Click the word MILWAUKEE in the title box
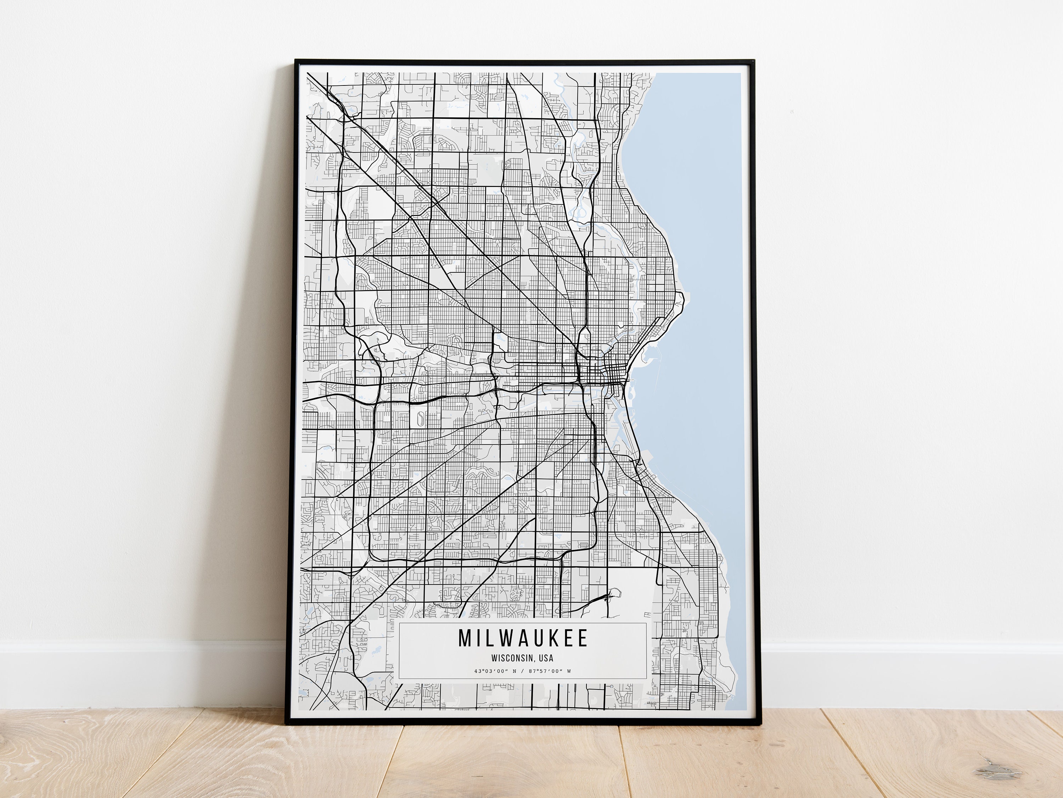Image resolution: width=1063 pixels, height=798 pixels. [523, 638]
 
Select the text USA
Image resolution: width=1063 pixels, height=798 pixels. [546, 658]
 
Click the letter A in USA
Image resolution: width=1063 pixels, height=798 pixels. [551, 658]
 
